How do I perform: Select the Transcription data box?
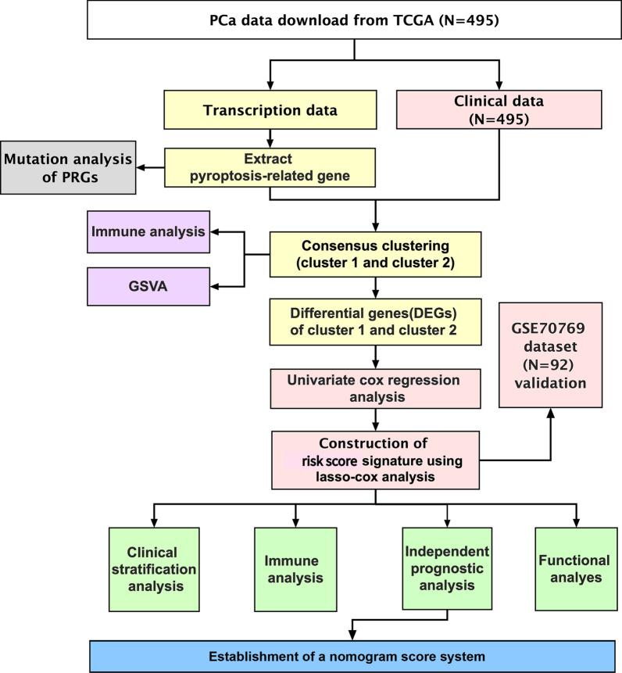pyautogui.click(x=270, y=110)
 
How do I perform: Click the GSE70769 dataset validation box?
pyautogui.click(x=551, y=354)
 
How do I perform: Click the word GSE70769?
pyautogui.click(x=551, y=322)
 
